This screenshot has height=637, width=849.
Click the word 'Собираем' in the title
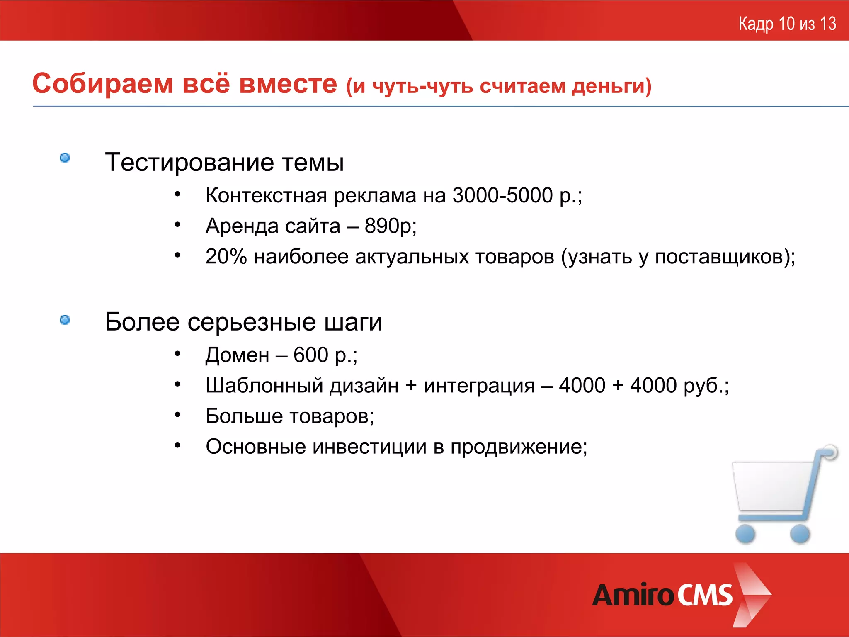point(102,84)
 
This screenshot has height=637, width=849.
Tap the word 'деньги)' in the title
point(611,86)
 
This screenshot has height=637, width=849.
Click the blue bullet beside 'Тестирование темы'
point(65,158)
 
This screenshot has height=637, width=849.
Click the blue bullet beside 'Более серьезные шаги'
point(65,320)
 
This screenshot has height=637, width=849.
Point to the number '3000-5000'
point(502,195)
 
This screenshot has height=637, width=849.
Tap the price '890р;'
point(391,226)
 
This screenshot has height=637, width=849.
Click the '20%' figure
point(226,256)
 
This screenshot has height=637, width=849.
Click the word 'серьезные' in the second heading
point(252,322)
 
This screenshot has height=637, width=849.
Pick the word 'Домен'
point(238,355)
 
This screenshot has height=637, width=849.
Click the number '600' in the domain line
point(310,355)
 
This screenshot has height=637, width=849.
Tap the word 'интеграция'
point(479,386)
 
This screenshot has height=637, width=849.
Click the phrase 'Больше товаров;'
point(290,416)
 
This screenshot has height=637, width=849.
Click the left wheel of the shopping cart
point(745,534)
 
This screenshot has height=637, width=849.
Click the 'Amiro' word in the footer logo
point(633,595)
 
